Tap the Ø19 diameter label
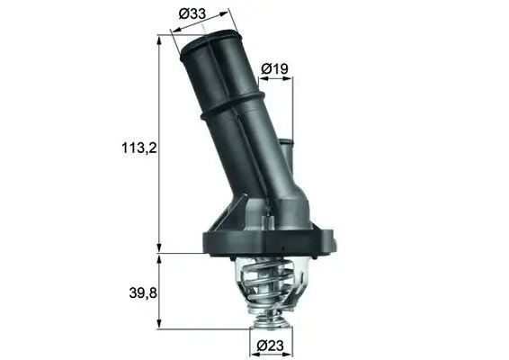[274, 67]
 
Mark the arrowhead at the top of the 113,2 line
[160, 39]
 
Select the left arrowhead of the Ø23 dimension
[252, 331]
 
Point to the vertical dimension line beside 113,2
[160, 180]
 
